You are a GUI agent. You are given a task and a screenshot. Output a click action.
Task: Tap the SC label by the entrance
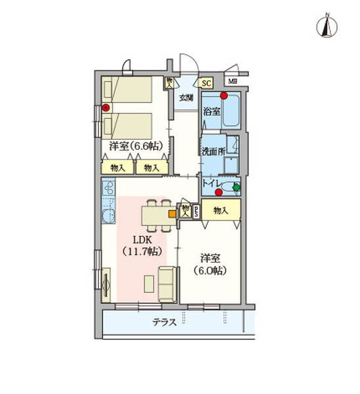point(206,83)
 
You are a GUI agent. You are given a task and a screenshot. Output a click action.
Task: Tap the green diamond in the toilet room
point(236,187)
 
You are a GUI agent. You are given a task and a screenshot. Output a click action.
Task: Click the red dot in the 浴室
point(224,96)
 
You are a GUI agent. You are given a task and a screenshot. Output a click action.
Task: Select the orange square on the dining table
point(171,213)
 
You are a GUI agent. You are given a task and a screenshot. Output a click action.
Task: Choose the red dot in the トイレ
point(219,193)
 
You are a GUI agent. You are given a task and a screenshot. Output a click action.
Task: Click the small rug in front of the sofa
point(148,284)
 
